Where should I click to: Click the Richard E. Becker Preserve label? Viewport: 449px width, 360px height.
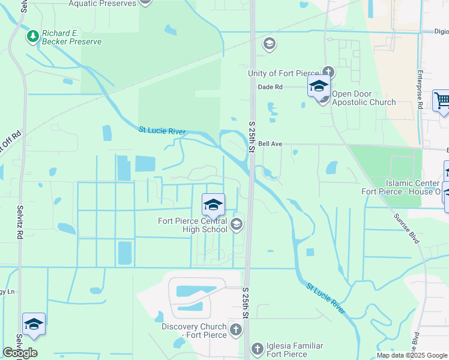click(71, 37)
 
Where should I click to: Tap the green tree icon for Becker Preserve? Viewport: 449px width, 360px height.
click(32, 37)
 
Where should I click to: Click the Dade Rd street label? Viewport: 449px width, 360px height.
click(270, 87)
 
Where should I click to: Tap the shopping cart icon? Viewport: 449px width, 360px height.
click(442, 101)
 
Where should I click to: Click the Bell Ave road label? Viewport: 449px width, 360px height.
click(270, 144)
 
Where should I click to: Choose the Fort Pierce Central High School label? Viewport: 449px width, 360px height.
click(192, 224)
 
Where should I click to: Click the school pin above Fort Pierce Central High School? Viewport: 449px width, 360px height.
click(213, 205)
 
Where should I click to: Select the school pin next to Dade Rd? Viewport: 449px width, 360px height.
click(319, 86)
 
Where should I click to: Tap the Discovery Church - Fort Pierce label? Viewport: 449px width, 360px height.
click(194, 331)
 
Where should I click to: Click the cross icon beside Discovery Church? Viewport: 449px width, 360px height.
click(236, 329)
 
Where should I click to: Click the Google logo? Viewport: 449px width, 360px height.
click(20, 353)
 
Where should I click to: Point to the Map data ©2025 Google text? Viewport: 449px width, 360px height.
click(412, 355)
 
